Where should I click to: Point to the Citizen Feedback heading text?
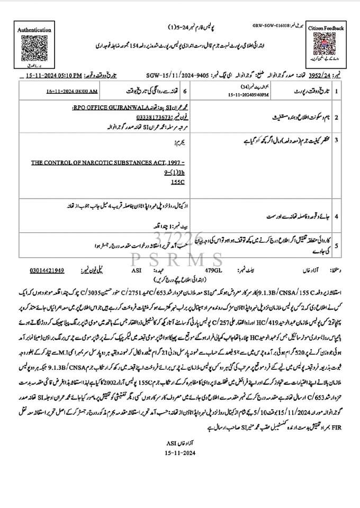(x=326, y=28)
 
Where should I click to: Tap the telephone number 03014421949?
(x=47, y=270)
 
